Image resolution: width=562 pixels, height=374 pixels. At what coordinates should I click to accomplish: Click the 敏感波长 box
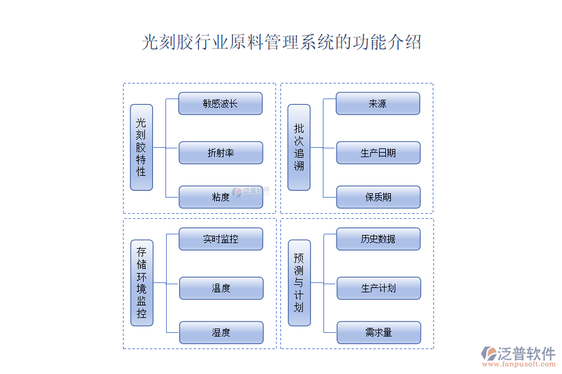(x=220, y=103)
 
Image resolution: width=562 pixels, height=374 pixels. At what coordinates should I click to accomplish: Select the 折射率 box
(x=220, y=153)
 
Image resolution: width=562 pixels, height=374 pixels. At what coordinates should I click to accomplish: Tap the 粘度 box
(x=220, y=197)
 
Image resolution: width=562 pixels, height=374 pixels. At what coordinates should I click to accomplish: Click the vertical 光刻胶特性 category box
(x=141, y=147)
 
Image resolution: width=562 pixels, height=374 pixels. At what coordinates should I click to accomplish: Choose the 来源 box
(x=378, y=103)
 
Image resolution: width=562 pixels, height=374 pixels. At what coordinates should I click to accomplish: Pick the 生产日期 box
(x=378, y=153)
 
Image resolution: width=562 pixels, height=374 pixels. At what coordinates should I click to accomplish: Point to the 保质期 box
(x=378, y=197)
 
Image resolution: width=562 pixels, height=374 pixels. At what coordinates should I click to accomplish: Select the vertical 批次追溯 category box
(x=298, y=147)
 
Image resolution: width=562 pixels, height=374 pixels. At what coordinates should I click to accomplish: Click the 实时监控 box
(x=220, y=239)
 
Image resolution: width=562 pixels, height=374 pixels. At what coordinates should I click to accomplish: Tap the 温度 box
(x=220, y=288)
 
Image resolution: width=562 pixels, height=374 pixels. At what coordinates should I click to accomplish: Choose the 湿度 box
(x=220, y=332)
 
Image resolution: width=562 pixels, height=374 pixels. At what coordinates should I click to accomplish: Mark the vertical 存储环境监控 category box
(x=141, y=282)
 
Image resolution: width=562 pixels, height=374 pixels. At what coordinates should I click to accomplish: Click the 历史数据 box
(x=378, y=239)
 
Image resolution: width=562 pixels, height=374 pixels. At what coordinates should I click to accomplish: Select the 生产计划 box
(x=378, y=288)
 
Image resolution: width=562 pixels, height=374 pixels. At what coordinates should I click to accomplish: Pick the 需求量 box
(x=378, y=332)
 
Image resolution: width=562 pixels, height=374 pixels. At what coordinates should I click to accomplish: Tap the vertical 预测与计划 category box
(x=298, y=282)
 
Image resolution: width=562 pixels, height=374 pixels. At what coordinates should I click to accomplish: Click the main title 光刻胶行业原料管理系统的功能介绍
(x=282, y=42)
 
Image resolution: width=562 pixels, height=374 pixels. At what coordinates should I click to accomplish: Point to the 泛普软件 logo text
(x=526, y=353)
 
